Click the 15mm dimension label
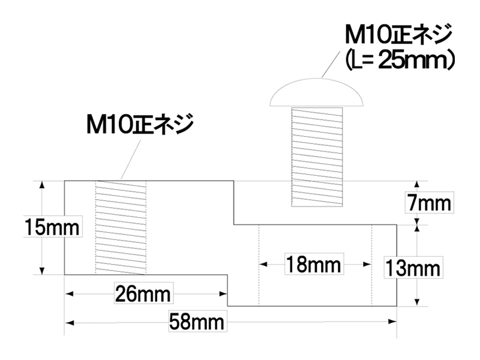point(52,227)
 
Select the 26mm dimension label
point(143,294)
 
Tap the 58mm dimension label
point(197,322)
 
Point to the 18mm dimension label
point(313,264)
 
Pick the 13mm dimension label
point(413,268)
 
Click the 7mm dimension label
point(429,203)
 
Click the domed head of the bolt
point(317,93)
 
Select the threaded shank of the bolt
point(317,157)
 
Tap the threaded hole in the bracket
point(121,227)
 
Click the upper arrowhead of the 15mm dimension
point(42,184)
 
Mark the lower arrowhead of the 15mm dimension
point(42,271)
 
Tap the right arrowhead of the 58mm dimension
point(393,322)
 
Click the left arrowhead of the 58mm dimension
point(70,323)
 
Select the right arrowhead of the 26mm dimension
point(223,294)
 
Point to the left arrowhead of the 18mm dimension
point(263,264)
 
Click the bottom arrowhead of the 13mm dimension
point(416,302)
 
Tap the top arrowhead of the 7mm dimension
point(416,184)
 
